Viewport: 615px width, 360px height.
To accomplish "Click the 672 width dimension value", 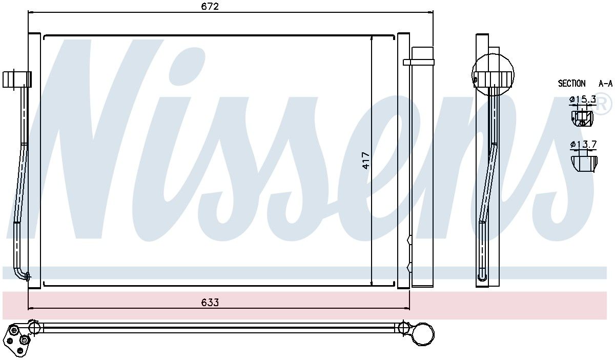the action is (210, 6).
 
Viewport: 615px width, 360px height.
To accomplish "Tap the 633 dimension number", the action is (210, 302).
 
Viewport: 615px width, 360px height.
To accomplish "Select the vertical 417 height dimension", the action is (366, 161).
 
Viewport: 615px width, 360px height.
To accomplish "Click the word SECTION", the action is (571, 83).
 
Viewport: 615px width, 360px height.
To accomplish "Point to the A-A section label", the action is (605, 84).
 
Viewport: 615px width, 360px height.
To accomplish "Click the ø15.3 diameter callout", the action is (583, 99).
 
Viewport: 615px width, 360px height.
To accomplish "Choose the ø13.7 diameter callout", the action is (583, 144).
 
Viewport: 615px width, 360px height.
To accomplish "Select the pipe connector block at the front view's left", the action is (17, 79).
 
